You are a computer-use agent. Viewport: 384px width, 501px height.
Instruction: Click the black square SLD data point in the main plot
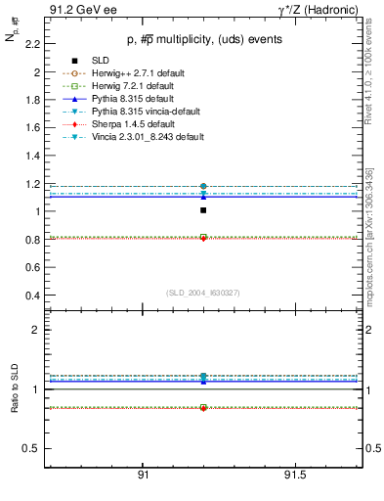tap(203, 210)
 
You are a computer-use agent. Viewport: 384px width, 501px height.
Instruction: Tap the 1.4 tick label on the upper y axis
tap(33, 156)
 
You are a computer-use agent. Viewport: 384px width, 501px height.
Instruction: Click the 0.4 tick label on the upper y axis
tap(33, 296)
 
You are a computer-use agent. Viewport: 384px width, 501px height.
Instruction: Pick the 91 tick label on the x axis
tap(143, 476)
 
